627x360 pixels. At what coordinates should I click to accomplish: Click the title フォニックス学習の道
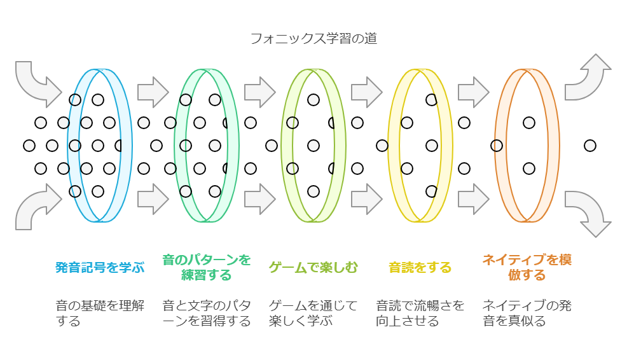(x=313, y=39)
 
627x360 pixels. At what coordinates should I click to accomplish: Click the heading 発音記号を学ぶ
(x=100, y=267)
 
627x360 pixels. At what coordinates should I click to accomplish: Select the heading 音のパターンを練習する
(x=207, y=267)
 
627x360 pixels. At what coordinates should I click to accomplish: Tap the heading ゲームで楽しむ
(x=313, y=267)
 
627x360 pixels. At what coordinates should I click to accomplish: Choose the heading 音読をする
(x=420, y=267)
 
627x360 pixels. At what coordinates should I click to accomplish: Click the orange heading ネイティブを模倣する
(x=527, y=267)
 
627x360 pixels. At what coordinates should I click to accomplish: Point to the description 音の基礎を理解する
(x=100, y=313)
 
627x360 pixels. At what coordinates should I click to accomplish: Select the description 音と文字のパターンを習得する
(x=207, y=313)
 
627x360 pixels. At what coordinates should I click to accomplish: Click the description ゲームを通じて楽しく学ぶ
(x=313, y=313)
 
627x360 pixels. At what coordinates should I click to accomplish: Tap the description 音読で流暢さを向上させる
(x=420, y=313)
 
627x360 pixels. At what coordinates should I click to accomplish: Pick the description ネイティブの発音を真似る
(x=527, y=313)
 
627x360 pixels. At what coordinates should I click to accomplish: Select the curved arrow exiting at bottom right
(x=588, y=211)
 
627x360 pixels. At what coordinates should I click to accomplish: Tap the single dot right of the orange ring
(x=590, y=146)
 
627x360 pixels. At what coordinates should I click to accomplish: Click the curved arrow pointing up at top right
(x=588, y=78)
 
